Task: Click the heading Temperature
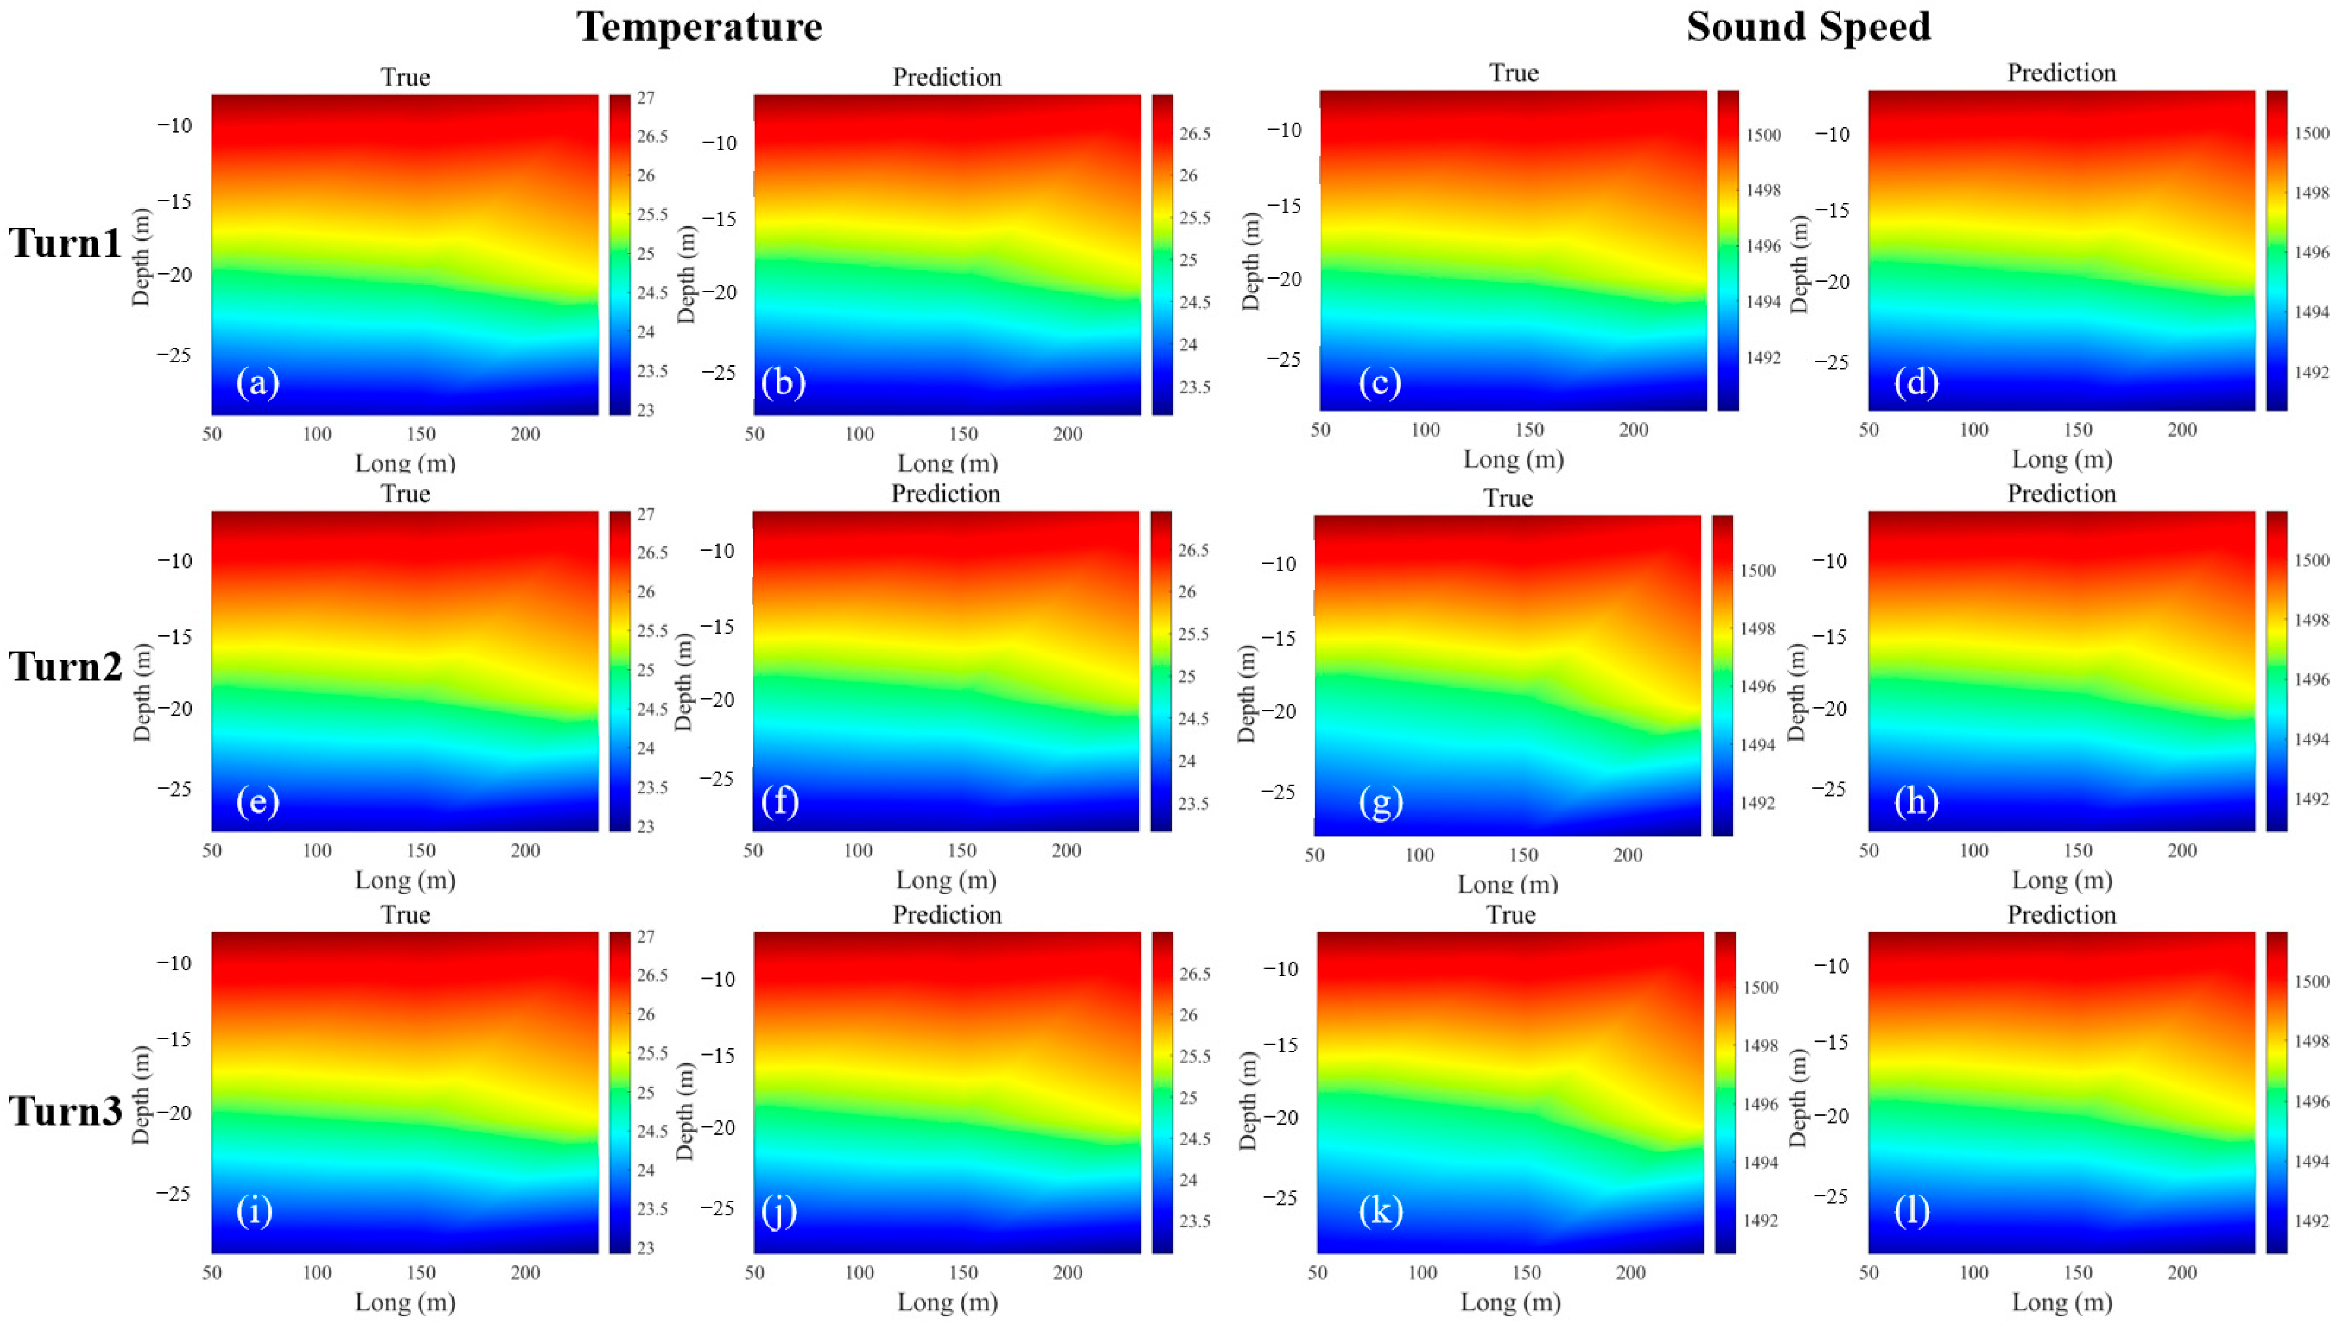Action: click(x=699, y=27)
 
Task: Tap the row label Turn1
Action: click(x=65, y=244)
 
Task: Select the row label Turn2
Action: click(x=65, y=667)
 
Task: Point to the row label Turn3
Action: click(x=65, y=1111)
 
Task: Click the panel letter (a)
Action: click(x=257, y=382)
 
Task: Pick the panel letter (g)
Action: click(x=1380, y=802)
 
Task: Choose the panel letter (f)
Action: click(x=780, y=802)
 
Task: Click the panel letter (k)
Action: click(x=1380, y=1210)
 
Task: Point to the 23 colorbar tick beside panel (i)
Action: click(x=645, y=1248)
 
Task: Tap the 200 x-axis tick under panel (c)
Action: click(x=1634, y=430)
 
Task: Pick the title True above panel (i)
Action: click(x=405, y=914)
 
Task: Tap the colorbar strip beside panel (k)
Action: click(x=1725, y=1092)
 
